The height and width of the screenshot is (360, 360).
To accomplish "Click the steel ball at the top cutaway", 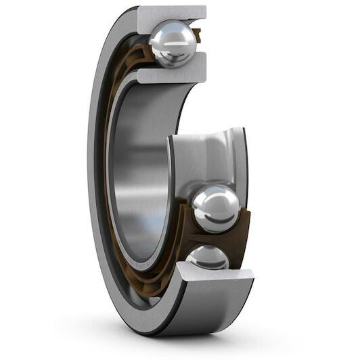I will point(173,44).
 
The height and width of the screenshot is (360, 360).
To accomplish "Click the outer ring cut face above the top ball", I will point(172,14).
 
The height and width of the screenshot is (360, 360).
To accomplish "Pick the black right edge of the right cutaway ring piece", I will point(245,169).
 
